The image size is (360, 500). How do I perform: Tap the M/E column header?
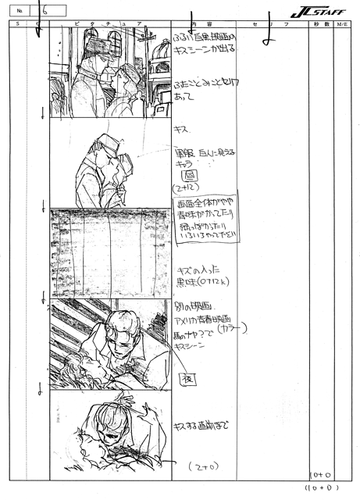point(343,25)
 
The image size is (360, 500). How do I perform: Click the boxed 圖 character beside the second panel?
point(187,177)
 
